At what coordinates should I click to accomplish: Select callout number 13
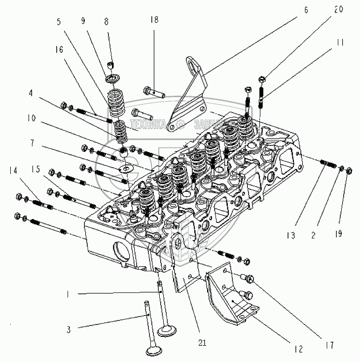pyautogui.click(x=293, y=235)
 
